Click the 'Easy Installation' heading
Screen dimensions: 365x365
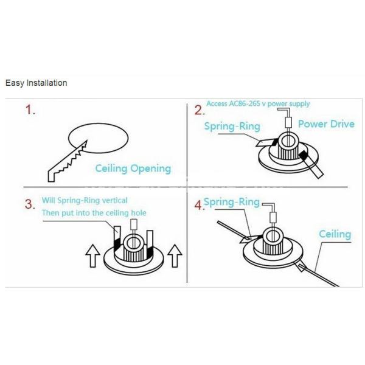(36, 83)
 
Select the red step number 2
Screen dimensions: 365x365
(199, 111)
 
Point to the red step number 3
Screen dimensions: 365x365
(30, 204)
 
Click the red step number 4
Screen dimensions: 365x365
(198, 205)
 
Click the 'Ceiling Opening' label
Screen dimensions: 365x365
(133, 169)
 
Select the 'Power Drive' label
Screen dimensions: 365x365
(326, 124)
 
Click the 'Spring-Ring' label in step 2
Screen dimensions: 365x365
(232, 127)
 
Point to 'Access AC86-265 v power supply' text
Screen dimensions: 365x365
(258, 103)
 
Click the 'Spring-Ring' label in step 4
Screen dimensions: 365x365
(231, 202)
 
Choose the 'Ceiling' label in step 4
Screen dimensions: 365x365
(335, 234)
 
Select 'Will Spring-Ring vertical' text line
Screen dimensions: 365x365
(85, 200)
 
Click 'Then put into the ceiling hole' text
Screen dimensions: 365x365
(94, 213)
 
